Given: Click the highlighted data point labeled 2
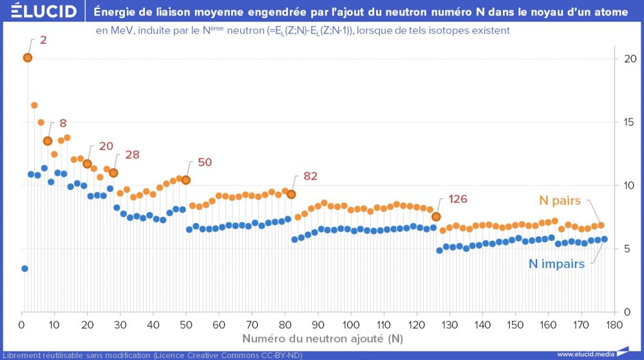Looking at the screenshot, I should tap(28, 57).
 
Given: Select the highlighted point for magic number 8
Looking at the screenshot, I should tap(48, 140).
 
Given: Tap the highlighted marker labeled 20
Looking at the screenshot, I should tap(87, 164).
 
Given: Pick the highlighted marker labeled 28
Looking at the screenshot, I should tap(113, 173).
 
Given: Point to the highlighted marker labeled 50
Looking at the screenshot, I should tap(186, 180).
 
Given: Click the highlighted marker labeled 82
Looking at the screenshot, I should tap(291, 194).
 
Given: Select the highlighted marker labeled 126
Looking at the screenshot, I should tap(436, 216).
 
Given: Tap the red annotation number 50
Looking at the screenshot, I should tap(205, 162).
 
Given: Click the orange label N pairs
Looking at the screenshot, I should tap(560, 201).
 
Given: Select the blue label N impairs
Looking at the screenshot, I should tap(556, 263).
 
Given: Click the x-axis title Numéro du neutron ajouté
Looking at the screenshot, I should tap(323, 338).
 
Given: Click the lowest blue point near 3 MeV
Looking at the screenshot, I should tap(24, 269).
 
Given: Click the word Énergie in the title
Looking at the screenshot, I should tap(115, 11).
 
